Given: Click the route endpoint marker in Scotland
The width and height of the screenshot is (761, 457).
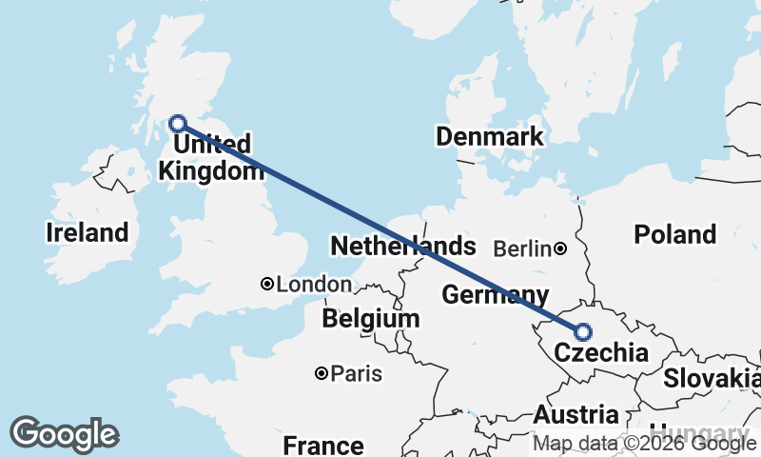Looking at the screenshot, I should [177, 123].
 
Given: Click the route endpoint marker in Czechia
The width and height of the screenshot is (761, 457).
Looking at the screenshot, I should [582, 332].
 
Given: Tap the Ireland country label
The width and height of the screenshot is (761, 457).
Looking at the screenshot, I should [87, 232].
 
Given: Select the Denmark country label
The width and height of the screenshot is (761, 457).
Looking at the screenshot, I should [490, 136].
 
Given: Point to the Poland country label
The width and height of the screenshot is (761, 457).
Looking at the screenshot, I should [674, 234].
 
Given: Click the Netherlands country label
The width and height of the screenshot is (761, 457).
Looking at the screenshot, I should [402, 247].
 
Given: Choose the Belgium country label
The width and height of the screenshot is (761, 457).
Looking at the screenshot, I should [371, 318].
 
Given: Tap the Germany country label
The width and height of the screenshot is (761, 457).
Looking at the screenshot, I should [496, 294].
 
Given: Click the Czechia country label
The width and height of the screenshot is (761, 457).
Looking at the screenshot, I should [601, 353].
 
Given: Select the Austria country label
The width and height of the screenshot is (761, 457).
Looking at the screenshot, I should [576, 415].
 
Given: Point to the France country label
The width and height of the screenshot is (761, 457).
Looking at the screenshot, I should [323, 445].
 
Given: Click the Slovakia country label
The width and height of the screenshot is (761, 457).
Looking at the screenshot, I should [712, 378].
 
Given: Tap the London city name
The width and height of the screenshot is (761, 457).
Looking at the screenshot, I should [314, 284].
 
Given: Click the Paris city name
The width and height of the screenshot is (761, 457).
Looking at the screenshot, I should [357, 373].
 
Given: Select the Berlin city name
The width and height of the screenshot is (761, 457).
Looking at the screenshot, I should [522, 249].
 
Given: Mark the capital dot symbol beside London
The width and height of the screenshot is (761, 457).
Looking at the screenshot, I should [267, 284].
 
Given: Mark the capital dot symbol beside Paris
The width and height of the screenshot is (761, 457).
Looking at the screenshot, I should [322, 373].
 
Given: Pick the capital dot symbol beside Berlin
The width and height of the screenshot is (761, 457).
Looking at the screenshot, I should [561, 249].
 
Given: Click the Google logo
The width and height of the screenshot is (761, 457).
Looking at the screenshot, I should [64, 434].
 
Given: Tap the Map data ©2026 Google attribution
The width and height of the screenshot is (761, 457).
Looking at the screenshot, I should [645, 444].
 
